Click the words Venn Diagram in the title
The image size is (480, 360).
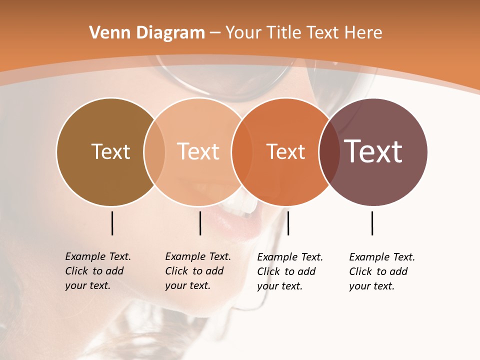point(147,33)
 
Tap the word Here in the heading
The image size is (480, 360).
point(363,33)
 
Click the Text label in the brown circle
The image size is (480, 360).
point(110,151)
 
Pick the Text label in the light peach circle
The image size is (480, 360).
point(198,151)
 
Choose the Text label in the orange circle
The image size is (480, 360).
point(285,151)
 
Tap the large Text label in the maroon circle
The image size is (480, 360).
point(373,151)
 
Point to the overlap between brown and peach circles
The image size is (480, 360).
point(154,152)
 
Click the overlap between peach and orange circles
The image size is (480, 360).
point(241,152)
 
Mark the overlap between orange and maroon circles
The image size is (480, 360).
point(329,152)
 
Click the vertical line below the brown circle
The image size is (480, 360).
point(112,223)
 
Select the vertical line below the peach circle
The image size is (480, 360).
point(200,223)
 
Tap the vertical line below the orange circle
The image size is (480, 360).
point(288,223)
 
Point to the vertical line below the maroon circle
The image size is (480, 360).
point(372,223)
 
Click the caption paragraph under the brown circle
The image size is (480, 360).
point(98,271)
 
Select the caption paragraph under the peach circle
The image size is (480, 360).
point(198,271)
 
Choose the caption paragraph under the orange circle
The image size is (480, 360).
point(290,271)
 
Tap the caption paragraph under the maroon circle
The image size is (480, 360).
point(382,271)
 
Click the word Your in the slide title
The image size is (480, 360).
point(244,33)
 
